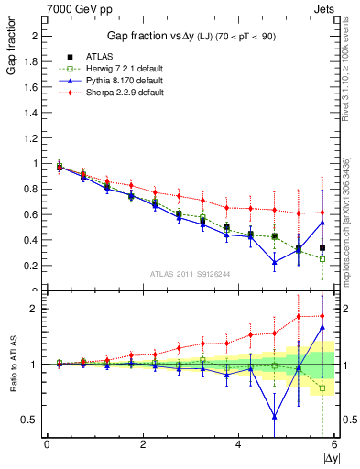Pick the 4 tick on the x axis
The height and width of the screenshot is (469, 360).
pos(238,444)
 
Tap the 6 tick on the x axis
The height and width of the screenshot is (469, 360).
pos(333,444)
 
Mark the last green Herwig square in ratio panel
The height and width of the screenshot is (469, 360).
pos(322,388)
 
